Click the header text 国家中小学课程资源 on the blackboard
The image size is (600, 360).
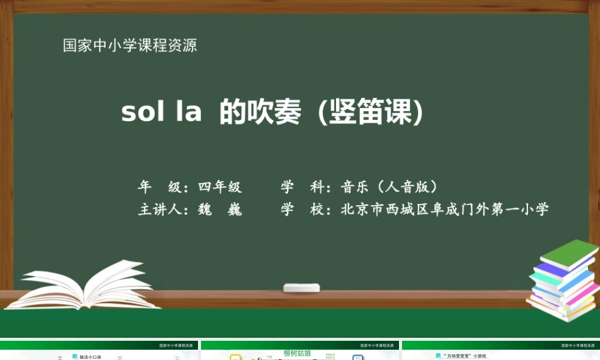(130, 46)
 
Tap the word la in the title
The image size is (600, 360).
(188, 112)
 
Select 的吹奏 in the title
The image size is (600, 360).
(260, 112)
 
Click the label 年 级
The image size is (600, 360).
(160, 187)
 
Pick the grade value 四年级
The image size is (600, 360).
(220, 187)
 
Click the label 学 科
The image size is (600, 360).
(302, 187)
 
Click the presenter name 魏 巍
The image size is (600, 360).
(220, 210)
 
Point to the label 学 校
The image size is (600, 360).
(302, 210)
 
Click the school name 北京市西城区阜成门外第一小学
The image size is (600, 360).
(445, 210)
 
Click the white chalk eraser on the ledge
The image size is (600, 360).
(301, 287)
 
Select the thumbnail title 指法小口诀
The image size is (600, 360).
(91, 357)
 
